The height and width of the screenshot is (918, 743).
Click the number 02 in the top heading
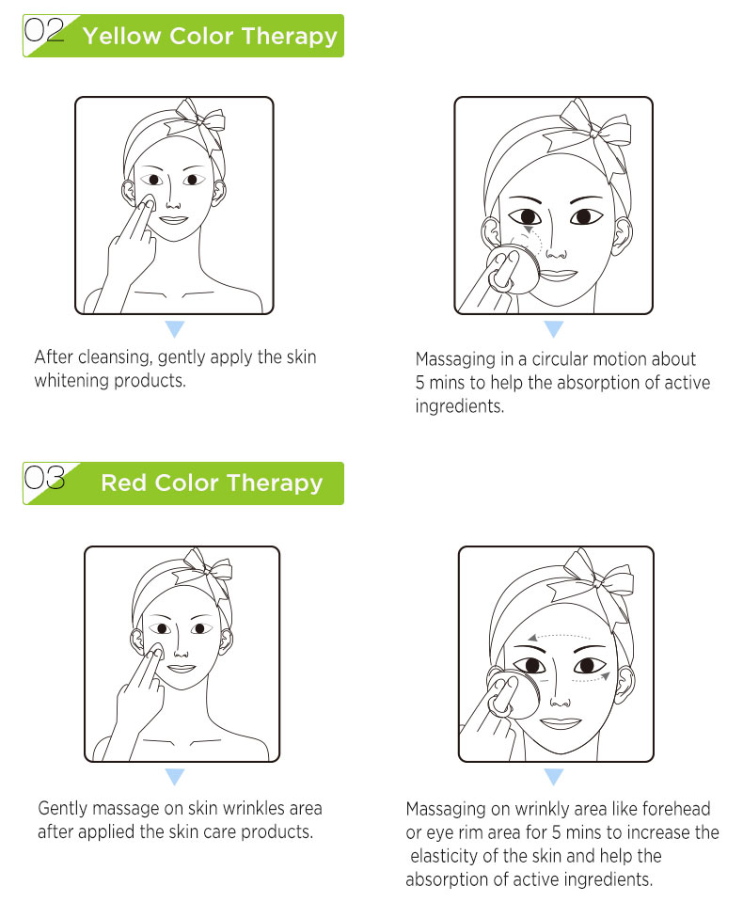[44, 30]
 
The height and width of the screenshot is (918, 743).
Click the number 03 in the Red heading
[44, 477]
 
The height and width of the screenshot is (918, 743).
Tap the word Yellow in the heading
[121, 37]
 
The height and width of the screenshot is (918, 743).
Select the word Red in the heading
[123, 483]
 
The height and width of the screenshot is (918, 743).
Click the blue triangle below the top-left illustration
[175, 328]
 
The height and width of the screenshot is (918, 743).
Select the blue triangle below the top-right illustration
[553, 328]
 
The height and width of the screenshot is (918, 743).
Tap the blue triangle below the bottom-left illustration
[175, 776]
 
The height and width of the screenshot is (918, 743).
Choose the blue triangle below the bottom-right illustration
[553, 776]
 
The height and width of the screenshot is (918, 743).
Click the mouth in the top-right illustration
[557, 275]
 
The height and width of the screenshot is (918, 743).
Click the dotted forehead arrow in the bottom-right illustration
[561, 637]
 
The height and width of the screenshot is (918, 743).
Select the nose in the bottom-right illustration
[560, 699]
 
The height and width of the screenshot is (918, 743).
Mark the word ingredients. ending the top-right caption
[459, 405]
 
